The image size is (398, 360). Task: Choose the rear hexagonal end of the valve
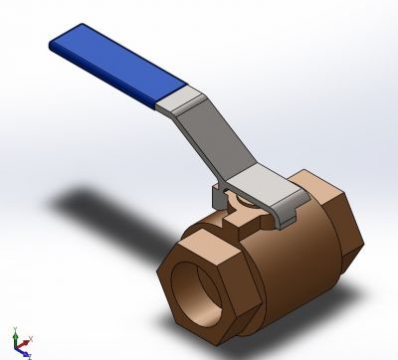pos(328,219)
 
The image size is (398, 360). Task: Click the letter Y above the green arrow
pos(14,327)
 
